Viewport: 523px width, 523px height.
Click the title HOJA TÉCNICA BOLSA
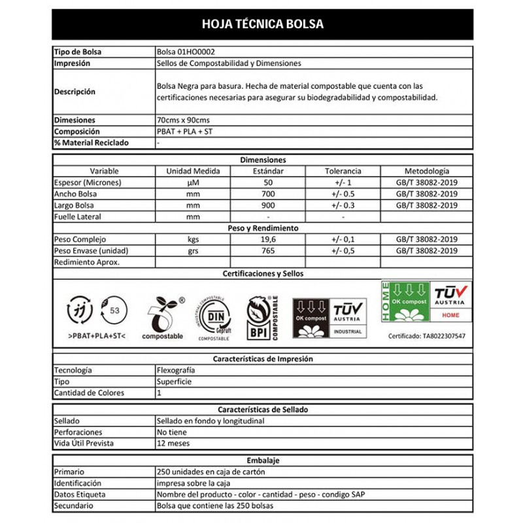262,24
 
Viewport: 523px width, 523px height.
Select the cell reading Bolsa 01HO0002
180,51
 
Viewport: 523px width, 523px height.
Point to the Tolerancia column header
343,171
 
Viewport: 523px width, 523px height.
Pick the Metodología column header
427,171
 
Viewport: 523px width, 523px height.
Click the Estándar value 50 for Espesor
267,182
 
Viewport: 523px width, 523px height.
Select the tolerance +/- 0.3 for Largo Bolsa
343,205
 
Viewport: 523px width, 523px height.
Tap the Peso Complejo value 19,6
267,239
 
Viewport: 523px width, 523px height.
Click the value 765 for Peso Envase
267,251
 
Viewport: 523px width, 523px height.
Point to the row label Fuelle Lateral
78,216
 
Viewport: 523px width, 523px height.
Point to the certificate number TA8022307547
426,336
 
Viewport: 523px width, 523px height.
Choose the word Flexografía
176,370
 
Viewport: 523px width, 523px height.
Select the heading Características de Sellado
262,410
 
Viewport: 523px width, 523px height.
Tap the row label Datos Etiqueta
80,494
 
